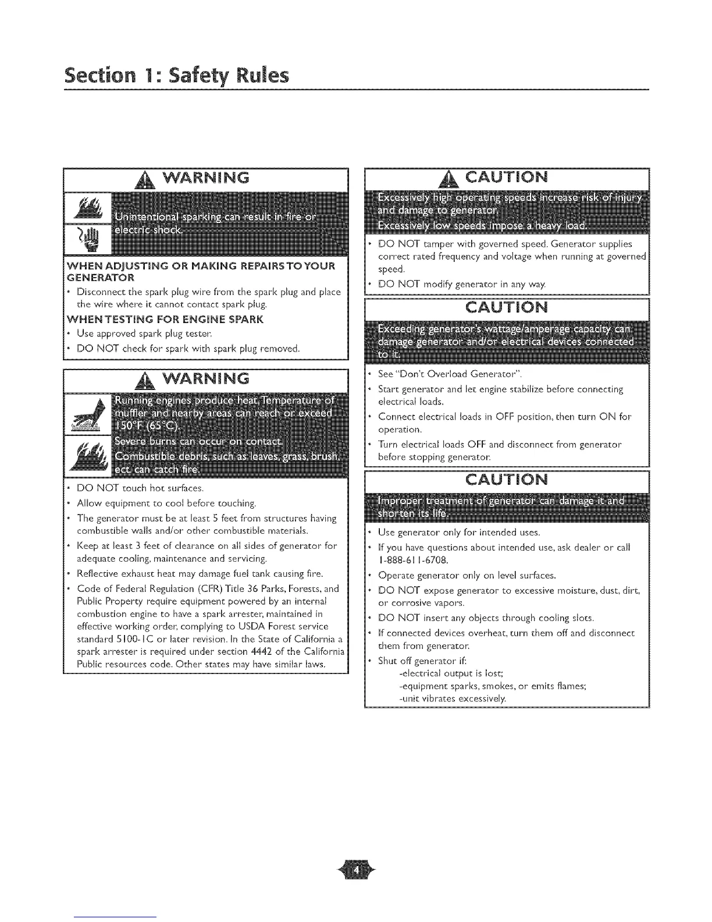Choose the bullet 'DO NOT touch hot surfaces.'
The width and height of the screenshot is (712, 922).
click(140, 488)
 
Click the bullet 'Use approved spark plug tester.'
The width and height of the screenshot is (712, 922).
click(145, 334)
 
